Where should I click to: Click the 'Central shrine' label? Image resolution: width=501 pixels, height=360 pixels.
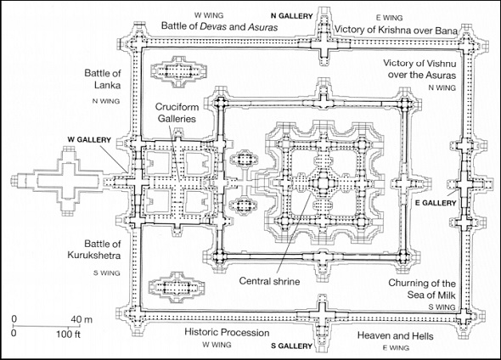coord(269,281)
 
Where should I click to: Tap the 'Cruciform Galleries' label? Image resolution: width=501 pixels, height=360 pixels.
coord(177,113)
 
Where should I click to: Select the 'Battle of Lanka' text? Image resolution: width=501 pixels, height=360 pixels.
coord(103,79)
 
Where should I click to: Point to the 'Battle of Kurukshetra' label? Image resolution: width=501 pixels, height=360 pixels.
coord(94,250)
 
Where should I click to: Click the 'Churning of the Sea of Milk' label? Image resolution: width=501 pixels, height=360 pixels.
coord(422,289)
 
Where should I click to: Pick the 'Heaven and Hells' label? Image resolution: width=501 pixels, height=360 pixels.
coord(395,335)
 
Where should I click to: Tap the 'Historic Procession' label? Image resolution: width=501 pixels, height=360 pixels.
coord(227,332)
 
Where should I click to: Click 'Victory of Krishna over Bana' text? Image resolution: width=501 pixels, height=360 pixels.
coord(396,30)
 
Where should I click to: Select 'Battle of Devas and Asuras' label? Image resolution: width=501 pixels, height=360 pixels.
coord(220,25)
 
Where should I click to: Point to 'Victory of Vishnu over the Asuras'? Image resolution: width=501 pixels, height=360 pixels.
coord(419,69)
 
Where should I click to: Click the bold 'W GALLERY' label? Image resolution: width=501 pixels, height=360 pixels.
coord(89,140)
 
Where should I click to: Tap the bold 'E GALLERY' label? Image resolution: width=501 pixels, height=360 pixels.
coord(436,203)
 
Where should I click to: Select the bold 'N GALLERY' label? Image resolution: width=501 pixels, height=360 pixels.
coord(292,16)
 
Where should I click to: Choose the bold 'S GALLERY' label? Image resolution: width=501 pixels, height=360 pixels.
coord(291,346)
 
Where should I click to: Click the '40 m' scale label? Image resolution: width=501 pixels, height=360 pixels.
coord(82,319)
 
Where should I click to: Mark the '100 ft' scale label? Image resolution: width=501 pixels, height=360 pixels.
coord(68,335)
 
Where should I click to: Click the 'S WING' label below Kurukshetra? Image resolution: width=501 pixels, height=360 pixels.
coord(107,273)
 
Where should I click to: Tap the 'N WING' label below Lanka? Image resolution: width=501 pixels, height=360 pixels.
coord(106,101)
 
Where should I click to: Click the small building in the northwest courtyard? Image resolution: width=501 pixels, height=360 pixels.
coord(178,71)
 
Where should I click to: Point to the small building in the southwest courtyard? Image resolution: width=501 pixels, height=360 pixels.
coord(177,287)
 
